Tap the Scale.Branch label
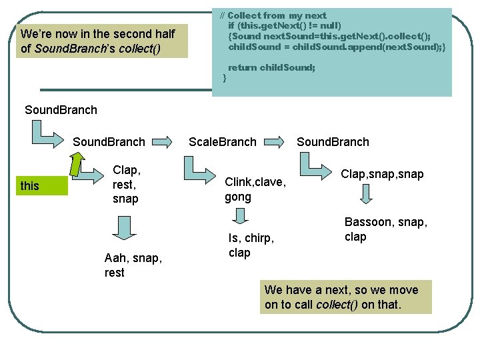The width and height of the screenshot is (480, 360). point(222,141)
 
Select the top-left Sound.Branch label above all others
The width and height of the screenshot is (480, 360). point(61,110)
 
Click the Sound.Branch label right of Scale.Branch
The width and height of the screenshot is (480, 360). point(333,141)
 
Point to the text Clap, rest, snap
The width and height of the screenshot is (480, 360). point(126,185)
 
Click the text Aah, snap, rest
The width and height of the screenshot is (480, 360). point(133,265)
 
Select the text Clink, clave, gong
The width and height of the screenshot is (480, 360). point(255,189)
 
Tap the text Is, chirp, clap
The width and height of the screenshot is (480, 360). point(251,245)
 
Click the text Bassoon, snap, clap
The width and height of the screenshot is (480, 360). point(385,229)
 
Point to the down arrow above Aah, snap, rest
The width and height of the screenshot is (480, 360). point(122,227)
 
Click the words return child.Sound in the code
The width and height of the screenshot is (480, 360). point(271,67)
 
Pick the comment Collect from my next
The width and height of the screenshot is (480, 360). point(277,15)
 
